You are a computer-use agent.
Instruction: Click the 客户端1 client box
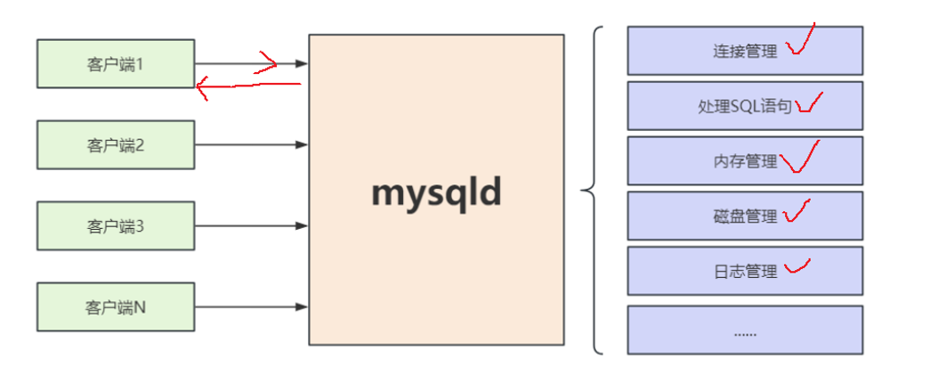(x=116, y=63)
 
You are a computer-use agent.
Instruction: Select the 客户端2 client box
(x=116, y=144)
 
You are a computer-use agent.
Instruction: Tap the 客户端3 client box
(x=116, y=225)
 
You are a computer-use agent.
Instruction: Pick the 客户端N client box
(x=116, y=307)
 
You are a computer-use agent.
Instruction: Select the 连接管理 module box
(x=745, y=51)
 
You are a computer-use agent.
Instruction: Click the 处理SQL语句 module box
(x=745, y=106)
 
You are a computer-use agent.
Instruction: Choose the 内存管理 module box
(x=745, y=161)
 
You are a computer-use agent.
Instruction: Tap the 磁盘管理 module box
(x=745, y=217)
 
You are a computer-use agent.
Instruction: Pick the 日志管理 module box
(x=745, y=271)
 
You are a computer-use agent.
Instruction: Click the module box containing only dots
(x=745, y=330)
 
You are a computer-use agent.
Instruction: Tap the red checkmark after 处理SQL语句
(x=810, y=103)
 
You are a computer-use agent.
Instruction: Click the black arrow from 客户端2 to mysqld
(x=251, y=144)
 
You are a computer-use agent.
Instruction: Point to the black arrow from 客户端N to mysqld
(x=251, y=307)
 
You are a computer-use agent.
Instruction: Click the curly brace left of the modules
(x=592, y=190)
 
